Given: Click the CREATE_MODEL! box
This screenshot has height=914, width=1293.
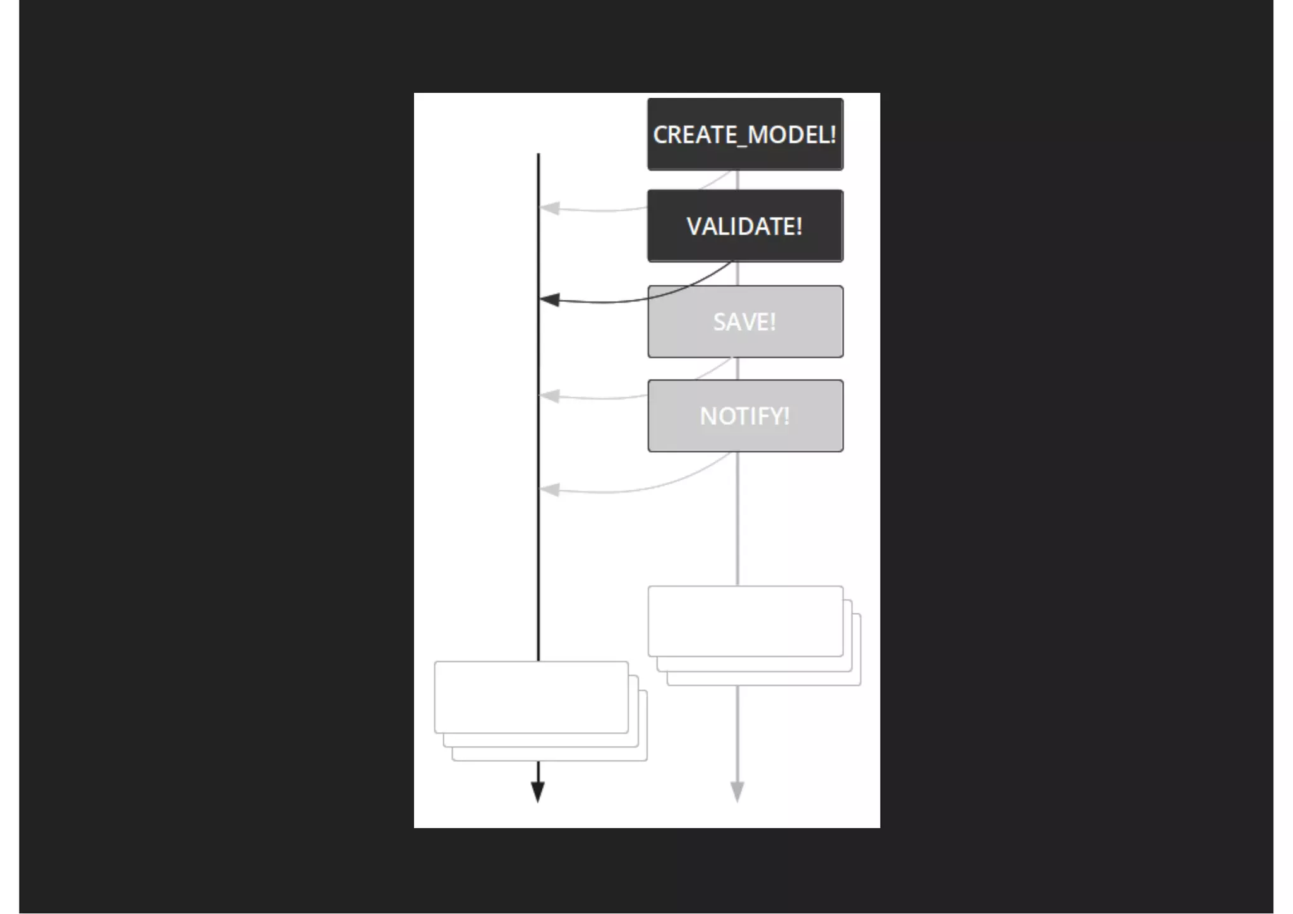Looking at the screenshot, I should tap(745, 134).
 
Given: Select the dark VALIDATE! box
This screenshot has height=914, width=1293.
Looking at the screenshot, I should tap(745, 226).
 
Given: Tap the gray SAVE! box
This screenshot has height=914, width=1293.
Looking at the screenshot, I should tap(745, 321).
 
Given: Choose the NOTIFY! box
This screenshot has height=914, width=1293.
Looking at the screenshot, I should tap(745, 415).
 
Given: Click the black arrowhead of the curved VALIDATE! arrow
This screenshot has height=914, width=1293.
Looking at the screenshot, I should tap(549, 300).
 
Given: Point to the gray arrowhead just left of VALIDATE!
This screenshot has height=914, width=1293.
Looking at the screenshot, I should tap(549, 208).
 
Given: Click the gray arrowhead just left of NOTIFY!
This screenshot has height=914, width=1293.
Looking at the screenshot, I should tap(549, 396).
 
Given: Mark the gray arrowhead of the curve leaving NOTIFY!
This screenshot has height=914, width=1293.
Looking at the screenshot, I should tap(549, 489).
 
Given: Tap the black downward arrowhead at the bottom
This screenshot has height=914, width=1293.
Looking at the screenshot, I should tap(538, 792).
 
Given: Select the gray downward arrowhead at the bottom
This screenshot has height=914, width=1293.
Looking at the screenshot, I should tap(737, 792).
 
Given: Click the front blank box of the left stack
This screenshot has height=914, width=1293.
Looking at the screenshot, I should tap(531, 697).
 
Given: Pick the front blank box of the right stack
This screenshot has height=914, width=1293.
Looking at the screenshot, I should tap(745, 621).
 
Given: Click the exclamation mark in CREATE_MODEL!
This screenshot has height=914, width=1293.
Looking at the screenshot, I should tap(833, 134).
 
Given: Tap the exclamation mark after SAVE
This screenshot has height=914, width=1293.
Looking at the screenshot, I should tap(772, 322).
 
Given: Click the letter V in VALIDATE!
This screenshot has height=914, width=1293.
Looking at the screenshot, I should tap(694, 227).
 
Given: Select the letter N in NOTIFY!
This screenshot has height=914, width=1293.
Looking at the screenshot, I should tap(708, 416).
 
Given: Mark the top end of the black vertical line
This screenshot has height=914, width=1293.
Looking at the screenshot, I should tap(538, 155).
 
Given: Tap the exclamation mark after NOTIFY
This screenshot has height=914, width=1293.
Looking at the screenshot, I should tap(786, 416).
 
